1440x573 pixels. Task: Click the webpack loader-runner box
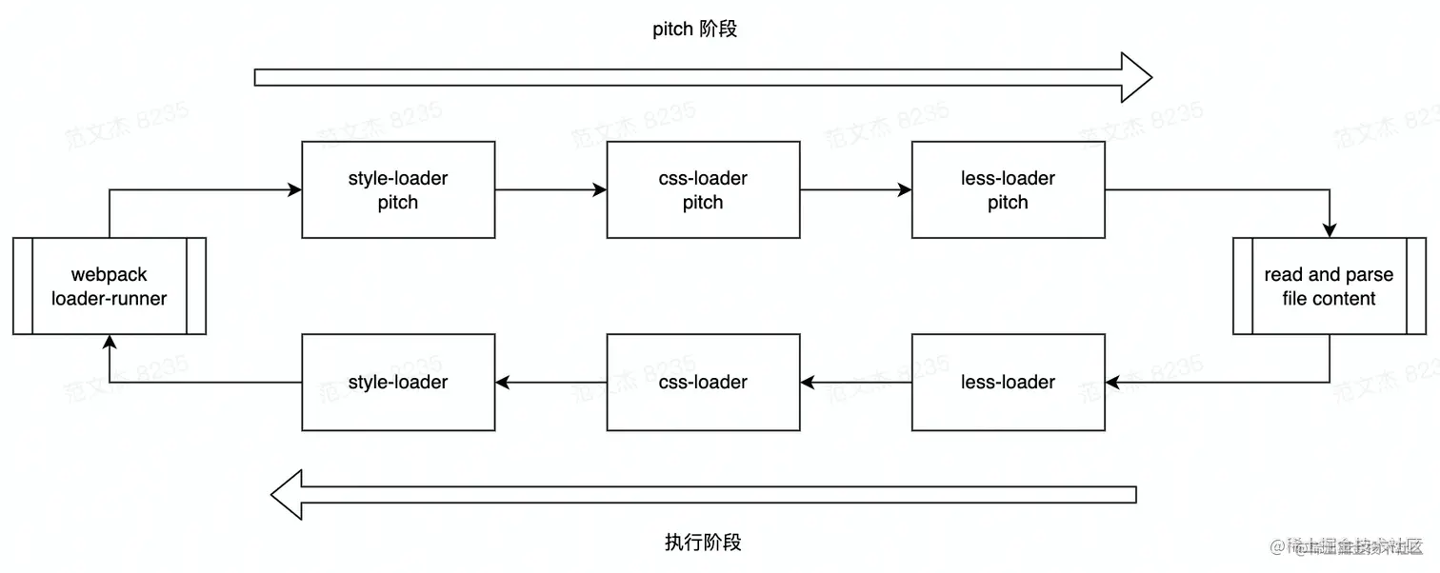(110, 286)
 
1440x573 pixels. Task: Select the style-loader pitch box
(398, 189)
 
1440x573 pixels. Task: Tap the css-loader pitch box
(703, 189)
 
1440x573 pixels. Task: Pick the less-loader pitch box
(1008, 189)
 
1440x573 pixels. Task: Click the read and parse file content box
(1329, 286)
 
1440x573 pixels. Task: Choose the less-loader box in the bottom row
(1008, 382)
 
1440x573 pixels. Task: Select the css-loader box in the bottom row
(703, 382)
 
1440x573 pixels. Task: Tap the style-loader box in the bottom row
(398, 382)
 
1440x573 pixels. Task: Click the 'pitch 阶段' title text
(694, 30)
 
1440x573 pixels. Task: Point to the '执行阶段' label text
(703, 543)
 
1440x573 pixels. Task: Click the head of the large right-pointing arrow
(1135, 77)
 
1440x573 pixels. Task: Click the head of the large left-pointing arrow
(288, 494)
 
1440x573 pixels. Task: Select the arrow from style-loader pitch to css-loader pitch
(550, 189)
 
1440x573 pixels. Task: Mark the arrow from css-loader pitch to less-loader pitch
(855, 189)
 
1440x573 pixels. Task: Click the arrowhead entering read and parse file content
(1330, 230)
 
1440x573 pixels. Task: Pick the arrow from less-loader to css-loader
(855, 383)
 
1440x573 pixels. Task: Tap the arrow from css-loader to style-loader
(550, 383)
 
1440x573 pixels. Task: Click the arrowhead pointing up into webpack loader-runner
(110, 342)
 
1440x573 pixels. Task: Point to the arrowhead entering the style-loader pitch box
(295, 189)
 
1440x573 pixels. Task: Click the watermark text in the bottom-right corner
(1352, 546)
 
